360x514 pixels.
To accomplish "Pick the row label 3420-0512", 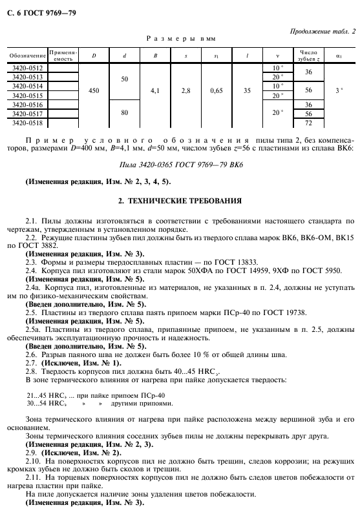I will click(28, 68).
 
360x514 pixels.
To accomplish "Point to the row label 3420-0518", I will click(28, 122).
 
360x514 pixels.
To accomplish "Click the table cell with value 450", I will click(94, 91).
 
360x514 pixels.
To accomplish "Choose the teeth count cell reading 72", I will click(308, 122).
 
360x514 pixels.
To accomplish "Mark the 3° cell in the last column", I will click(339, 91).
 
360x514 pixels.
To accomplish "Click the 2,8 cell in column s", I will click(186, 91).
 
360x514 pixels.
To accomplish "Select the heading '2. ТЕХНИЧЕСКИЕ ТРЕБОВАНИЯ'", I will click(181, 201).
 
